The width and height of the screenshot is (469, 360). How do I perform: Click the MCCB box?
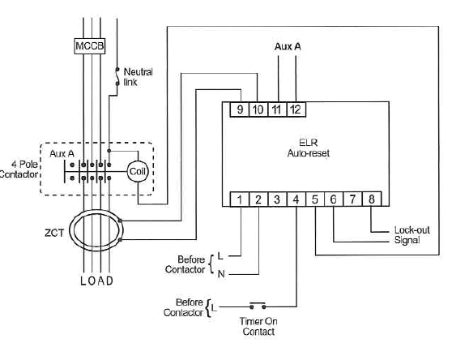[90, 46]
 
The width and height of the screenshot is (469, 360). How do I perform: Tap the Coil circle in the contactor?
[137, 172]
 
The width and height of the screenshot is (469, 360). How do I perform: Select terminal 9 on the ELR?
[240, 109]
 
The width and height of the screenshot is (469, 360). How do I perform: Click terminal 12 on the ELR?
[296, 109]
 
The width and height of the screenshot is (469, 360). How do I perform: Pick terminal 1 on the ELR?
[240, 199]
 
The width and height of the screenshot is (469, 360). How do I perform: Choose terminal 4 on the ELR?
[296, 199]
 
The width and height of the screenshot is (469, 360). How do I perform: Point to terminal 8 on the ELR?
[372, 199]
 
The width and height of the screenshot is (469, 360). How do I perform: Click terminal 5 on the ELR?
[314, 199]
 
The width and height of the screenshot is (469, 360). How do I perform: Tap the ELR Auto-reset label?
[309, 148]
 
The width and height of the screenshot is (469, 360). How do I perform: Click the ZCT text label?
[54, 233]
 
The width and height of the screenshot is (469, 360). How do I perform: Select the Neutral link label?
[138, 77]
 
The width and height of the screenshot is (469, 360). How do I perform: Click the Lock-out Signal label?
[411, 235]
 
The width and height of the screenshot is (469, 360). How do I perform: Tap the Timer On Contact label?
[258, 327]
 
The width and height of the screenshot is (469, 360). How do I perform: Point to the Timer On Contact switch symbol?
[258, 306]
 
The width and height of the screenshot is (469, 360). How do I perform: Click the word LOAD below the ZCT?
[97, 281]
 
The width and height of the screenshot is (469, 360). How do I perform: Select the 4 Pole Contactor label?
[19, 169]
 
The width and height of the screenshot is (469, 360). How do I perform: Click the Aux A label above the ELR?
[288, 46]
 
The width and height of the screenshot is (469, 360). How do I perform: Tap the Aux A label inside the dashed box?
[62, 153]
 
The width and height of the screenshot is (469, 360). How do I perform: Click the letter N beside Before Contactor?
[221, 274]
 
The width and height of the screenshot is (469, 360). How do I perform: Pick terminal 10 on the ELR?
[258, 109]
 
